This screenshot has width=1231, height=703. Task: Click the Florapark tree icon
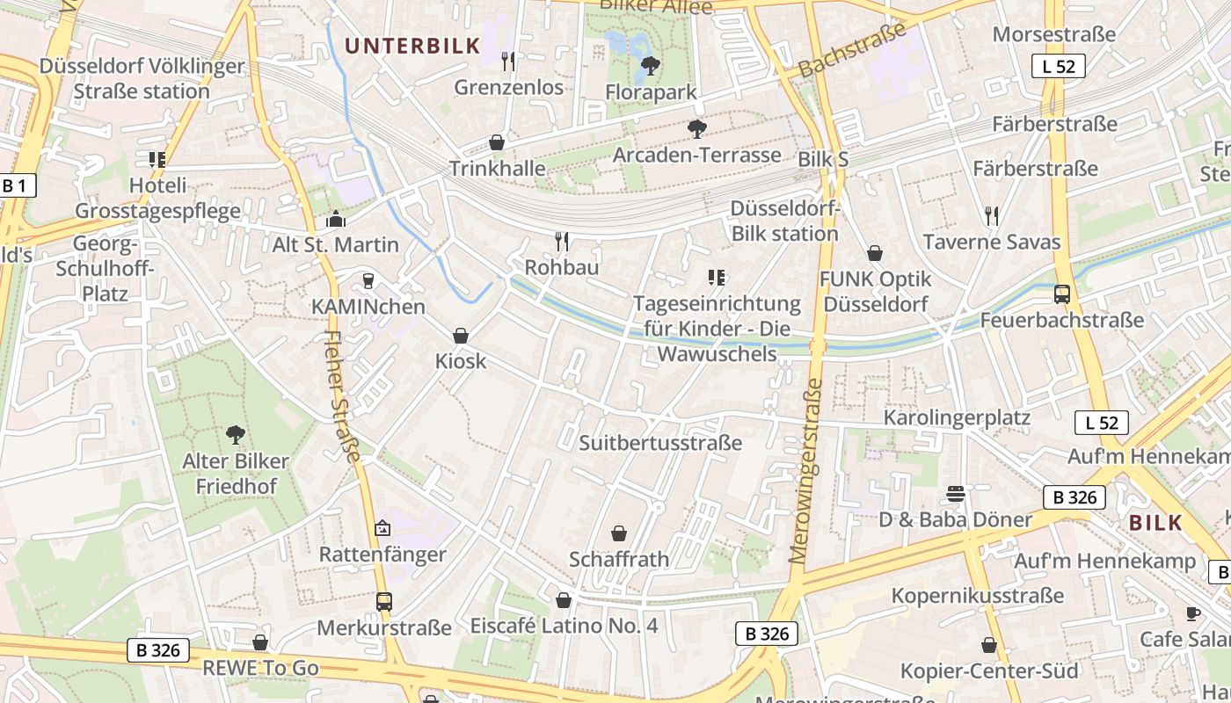pyautogui.click(x=651, y=64)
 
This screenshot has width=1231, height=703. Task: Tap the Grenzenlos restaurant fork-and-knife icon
pyautogui.click(x=508, y=61)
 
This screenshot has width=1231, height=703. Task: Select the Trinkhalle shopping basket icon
pyautogui.click(x=497, y=142)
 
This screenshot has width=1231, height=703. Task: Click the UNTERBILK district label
pyautogui.click(x=412, y=46)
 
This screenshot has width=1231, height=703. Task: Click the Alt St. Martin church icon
pyautogui.click(x=336, y=219)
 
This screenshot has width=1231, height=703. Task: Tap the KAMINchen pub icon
pyautogui.click(x=368, y=281)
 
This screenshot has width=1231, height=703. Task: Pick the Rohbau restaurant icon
pyautogui.click(x=562, y=241)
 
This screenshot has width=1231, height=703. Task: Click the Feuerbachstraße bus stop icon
pyautogui.click(x=1062, y=294)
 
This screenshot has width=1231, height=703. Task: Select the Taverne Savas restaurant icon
pyautogui.click(x=992, y=216)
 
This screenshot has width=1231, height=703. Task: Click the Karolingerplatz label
pyautogui.click(x=957, y=417)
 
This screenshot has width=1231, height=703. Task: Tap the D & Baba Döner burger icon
pyautogui.click(x=956, y=494)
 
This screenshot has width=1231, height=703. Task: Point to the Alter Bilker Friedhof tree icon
pyautogui.click(x=235, y=434)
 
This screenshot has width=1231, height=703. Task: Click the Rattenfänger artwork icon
pyautogui.click(x=382, y=528)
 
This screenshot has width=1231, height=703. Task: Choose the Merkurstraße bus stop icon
pyautogui.click(x=384, y=602)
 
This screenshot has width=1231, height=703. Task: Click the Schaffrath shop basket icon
pyautogui.click(x=619, y=533)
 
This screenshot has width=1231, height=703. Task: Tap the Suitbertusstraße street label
pyautogui.click(x=660, y=443)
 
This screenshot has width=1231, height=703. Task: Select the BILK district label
pyautogui.click(x=1155, y=523)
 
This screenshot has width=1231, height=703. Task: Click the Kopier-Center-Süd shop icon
pyautogui.click(x=989, y=646)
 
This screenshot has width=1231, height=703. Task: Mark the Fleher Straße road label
pyautogui.click(x=344, y=395)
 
